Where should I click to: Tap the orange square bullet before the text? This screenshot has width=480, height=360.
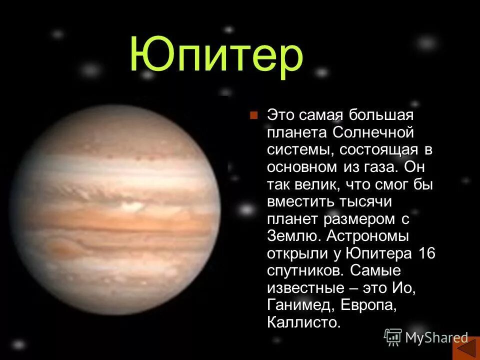coord(253,116)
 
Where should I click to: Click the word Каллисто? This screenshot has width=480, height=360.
coord(303,321)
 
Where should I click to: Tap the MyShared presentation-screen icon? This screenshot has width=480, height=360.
coord(393,337)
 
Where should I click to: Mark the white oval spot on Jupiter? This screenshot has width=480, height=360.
coord(130,204)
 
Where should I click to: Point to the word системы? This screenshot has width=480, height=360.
coord(295,150)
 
